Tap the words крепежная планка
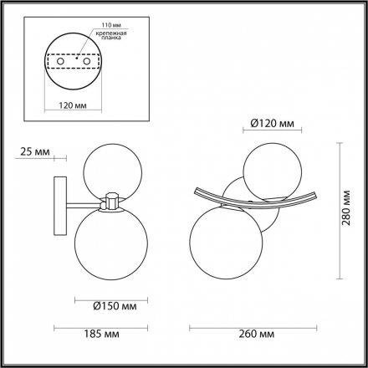coord(114,38)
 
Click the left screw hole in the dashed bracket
coord(68,61)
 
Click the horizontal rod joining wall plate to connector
coord(84,202)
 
